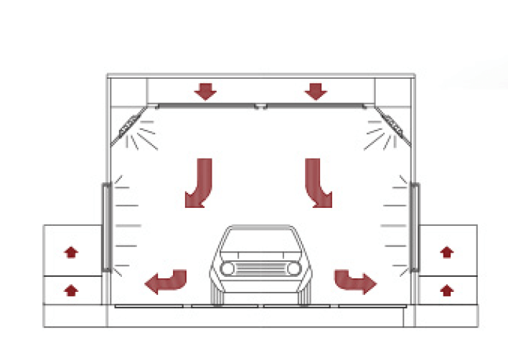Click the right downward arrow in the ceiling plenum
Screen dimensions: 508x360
coord(315,91)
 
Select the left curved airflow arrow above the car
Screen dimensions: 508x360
coord(199,183)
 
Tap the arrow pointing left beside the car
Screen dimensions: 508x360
coord(166,281)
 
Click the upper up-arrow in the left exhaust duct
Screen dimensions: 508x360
coord(71,252)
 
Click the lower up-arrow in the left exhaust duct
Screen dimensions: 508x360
coord(71,290)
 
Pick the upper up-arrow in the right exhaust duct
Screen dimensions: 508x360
coord(446,252)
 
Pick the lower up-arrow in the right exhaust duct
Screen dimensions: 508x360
coord(446,290)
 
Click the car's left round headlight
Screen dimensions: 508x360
coord(227,268)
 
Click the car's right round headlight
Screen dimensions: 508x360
coord(293,268)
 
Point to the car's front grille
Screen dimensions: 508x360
coord(260,268)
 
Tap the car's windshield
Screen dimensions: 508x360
coord(260,242)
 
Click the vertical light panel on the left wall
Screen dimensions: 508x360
coord(106,227)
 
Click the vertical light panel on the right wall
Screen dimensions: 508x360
coord(414,227)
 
